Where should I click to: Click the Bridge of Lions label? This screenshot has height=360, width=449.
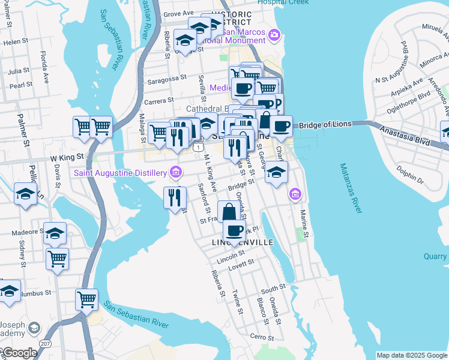[x=324, y=125]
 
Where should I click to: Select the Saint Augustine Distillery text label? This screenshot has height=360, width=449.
[x=120, y=173]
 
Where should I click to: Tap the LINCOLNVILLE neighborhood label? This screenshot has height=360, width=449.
[x=243, y=242]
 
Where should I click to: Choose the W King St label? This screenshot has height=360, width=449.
[x=67, y=159]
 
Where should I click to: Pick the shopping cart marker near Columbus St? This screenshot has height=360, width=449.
[x=86, y=299]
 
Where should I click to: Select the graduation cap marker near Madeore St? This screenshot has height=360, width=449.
[x=55, y=233]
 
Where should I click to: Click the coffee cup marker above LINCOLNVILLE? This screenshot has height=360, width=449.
[x=234, y=230]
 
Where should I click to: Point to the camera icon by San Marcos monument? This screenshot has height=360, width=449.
[x=274, y=35]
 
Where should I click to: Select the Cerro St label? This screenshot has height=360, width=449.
[x=262, y=337]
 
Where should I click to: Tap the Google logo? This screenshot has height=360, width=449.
[x=19, y=353]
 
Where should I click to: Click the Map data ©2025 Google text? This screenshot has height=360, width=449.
[x=411, y=355]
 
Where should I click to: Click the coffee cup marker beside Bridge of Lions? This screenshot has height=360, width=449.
[x=280, y=127]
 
